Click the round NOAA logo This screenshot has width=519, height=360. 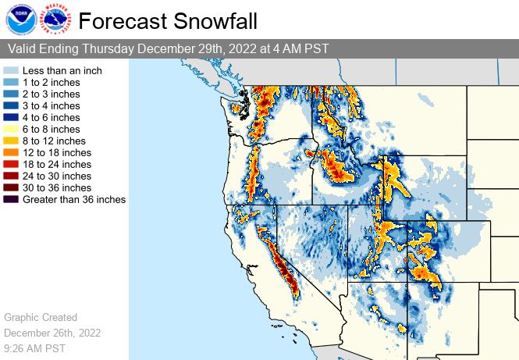pyautogui.click(x=21, y=20)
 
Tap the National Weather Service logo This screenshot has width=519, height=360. pyautogui.click(x=55, y=19)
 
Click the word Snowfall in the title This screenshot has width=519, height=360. pyautogui.click(x=215, y=21)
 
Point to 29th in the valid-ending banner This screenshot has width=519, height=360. pyautogui.click(x=212, y=48)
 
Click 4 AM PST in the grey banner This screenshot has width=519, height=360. pyautogui.click(x=300, y=48)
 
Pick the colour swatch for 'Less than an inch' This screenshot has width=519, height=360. pyautogui.click(x=11, y=70)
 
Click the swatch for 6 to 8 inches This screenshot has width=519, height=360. pyautogui.click(x=11, y=129)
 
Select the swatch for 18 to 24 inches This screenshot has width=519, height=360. pyautogui.click(x=11, y=164)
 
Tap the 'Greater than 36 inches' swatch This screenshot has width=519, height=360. pyautogui.click(x=11, y=199)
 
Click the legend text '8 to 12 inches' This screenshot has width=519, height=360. pyautogui.click(x=55, y=141)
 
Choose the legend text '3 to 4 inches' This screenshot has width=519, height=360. pyautogui.click(x=52, y=106)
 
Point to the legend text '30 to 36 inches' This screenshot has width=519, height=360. pyautogui.click(x=57, y=187)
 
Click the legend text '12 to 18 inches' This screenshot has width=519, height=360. pyautogui.click(x=57, y=153)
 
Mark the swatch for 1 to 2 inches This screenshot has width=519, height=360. pyautogui.click(x=11, y=82)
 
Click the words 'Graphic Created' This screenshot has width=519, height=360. pyautogui.click(x=41, y=317)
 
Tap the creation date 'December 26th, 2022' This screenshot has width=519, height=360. pyautogui.click(x=52, y=333)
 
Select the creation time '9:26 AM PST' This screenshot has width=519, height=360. pyautogui.click(x=35, y=348)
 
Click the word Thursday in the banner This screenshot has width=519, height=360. pyautogui.click(x=108, y=48)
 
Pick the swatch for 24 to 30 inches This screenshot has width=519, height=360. pyautogui.click(x=11, y=176)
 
